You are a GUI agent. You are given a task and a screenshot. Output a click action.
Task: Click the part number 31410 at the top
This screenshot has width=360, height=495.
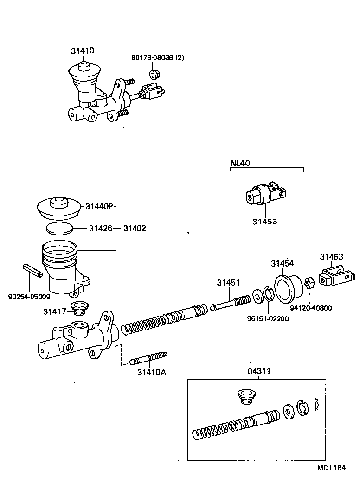(x=82, y=51)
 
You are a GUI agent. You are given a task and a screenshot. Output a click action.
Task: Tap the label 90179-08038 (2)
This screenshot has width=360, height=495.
(x=158, y=58)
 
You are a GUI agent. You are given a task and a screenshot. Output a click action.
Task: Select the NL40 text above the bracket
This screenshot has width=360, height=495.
(x=240, y=163)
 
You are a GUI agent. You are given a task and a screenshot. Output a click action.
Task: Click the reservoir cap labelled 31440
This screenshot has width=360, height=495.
(x=59, y=208)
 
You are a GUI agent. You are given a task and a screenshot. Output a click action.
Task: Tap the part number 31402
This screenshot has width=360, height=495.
(x=134, y=228)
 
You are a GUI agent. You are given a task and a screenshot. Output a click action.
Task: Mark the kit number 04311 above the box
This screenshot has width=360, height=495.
(x=259, y=371)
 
